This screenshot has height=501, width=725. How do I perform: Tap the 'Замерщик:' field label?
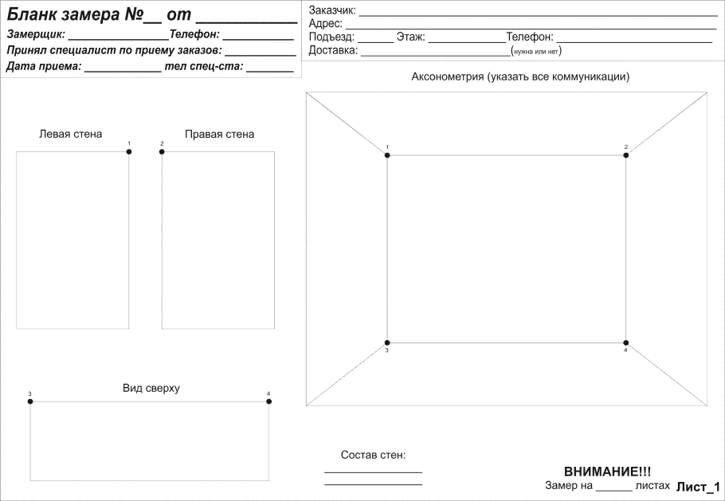click(x=37, y=35)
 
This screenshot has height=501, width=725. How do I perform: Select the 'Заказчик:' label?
click(x=332, y=10)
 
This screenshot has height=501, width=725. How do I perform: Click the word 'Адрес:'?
click(x=325, y=24)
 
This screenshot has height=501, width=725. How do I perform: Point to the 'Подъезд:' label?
click(x=331, y=37)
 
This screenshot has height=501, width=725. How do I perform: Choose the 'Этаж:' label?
click(x=410, y=37)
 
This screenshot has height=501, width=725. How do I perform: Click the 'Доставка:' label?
click(x=333, y=51)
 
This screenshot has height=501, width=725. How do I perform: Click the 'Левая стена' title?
click(x=71, y=134)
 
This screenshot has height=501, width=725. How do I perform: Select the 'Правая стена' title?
click(x=219, y=134)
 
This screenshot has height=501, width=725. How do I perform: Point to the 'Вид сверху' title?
click(x=151, y=388)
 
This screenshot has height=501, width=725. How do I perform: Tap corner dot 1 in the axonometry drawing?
click(x=388, y=155)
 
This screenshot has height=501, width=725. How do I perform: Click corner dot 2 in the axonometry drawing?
click(x=626, y=155)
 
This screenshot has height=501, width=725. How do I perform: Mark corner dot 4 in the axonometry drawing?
click(x=626, y=342)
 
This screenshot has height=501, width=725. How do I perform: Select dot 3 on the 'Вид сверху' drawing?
click(x=30, y=401)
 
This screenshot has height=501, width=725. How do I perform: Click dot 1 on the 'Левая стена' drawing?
click(x=129, y=151)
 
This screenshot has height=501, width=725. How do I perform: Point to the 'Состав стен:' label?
click(x=373, y=455)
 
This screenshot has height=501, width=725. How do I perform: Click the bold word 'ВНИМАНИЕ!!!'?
click(x=607, y=472)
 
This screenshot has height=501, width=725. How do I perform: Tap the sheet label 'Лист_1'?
click(x=698, y=487)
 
